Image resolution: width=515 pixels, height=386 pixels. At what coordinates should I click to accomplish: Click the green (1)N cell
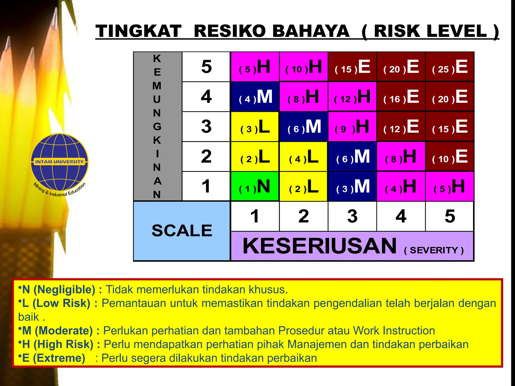[254, 186]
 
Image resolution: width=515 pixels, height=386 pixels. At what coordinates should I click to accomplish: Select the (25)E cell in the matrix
[450, 67]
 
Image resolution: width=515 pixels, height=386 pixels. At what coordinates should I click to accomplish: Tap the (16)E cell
[401, 97]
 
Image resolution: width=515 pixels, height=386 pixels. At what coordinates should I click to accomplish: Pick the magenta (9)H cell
[352, 127]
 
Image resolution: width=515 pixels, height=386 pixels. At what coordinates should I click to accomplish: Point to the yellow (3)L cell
[254, 127]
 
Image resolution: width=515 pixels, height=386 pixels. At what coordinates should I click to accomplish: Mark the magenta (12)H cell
[352, 97]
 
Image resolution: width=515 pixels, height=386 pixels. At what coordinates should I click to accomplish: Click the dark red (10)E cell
[450, 157]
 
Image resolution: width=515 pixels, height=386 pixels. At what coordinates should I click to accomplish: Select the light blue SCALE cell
[182, 231]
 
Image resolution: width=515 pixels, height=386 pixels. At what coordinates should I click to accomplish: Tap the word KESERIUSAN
[320, 246]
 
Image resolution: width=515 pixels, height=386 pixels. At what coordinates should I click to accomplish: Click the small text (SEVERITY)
[434, 250]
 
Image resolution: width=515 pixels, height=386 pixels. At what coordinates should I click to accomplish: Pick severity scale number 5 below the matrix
[450, 216]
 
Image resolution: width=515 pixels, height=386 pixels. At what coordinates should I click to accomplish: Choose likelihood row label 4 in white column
[206, 97]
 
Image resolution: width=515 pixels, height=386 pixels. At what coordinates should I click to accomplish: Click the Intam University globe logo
[60, 162]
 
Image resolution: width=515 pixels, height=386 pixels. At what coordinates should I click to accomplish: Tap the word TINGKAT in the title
[139, 31]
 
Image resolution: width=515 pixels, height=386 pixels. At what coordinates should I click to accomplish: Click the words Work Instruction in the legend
[394, 331]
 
